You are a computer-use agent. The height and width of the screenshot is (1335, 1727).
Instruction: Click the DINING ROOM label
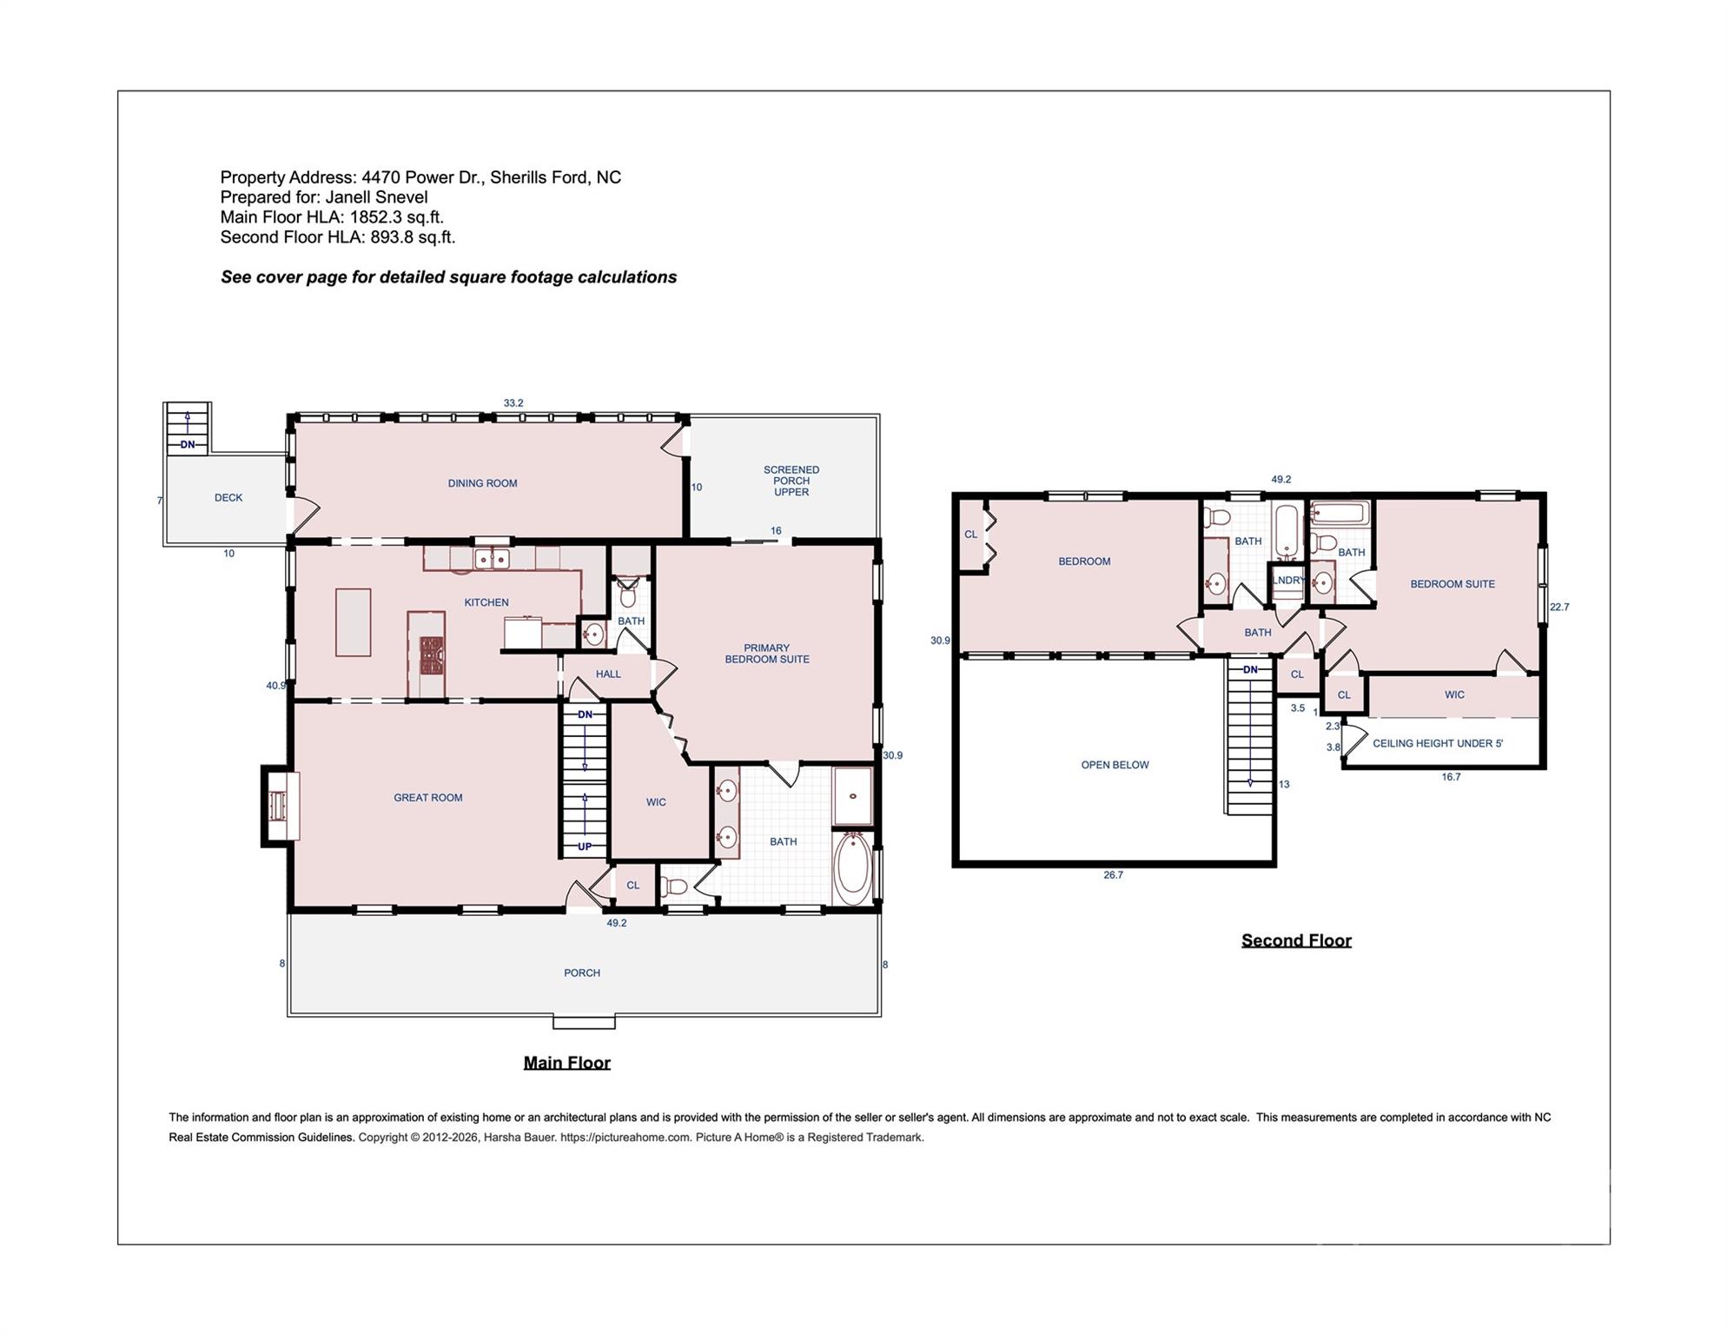pyautogui.click(x=482, y=483)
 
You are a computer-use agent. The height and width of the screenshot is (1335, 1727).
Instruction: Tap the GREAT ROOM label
pyautogui.click(x=427, y=798)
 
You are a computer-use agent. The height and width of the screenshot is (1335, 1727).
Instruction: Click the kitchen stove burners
pyautogui.click(x=432, y=655)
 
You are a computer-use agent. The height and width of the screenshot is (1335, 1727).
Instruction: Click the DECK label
pyautogui.click(x=228, y=498)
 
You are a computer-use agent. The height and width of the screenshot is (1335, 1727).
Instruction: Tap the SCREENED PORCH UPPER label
pyautogui.click(x=791, y=481)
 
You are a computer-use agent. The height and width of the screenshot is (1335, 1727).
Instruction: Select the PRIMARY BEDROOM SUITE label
pyautogui.click(x=767, y=654)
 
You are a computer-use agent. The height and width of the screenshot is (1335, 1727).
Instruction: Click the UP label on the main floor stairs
pyautogui.click(x=585, y=847)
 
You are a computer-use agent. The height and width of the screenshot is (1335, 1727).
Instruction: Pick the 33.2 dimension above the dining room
pyautogui.click(x=513, y=403)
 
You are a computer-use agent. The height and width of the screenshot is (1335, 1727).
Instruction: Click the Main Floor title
pyautogui.click(x=566, y=1062)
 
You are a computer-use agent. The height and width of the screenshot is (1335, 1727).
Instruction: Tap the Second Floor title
pyautogui.click(x=1296, y=940)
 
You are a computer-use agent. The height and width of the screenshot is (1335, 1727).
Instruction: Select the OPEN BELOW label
pyautogui.click(x=1115, y=765)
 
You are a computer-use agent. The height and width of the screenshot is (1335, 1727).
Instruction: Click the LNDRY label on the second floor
pyautogui.click(x=1288, y=580)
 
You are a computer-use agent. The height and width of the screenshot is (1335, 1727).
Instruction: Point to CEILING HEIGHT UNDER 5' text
pyautogui.click(x=1438, y=743)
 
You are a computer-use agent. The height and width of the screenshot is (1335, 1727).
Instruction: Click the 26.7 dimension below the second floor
pyautogui.click(x=1113, y=875)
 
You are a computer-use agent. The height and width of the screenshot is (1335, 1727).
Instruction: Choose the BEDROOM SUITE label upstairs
pyautogui.click(x=1452, y=584)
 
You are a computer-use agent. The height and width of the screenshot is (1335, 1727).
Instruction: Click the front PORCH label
pyautogui.click(x=582, y=973)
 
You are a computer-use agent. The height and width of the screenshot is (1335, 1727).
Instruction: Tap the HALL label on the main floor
pyautogui.click(x=608, y=674)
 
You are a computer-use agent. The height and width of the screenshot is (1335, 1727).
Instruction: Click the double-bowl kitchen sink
pyautogui.click(x=492, y=559)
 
